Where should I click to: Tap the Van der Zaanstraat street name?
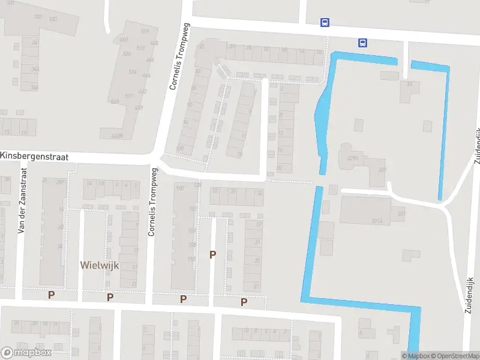[x=23, y=200]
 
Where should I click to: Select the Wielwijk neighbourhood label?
[x=100, y=264]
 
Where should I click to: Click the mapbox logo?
[x=26, y=353]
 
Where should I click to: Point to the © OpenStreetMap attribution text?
[x=455, y=356]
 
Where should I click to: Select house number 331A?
[x=377, y=221]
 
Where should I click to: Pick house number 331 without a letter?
[x=401, y=213]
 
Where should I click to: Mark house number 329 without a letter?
[x=382, y=170]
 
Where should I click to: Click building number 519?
[x=144, y=31]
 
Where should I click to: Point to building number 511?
[x=128, y=96]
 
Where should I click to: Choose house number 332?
[x=38, y=17]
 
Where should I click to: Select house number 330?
[x=53, y=19]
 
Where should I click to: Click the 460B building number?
[x=118, y=136]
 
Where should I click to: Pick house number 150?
[x=179, y=188]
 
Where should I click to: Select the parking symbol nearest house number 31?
[x=244, y=302]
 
